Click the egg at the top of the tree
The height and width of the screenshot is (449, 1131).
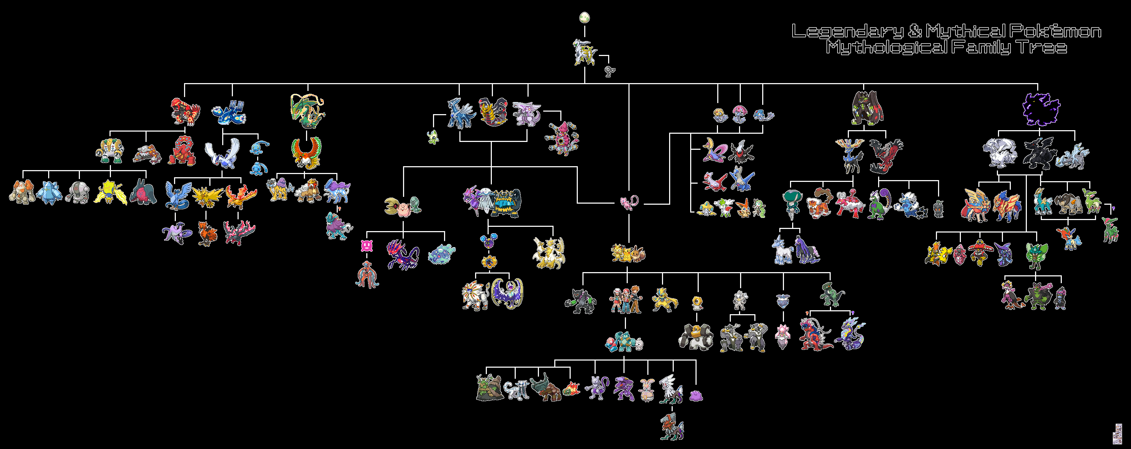point(584,18)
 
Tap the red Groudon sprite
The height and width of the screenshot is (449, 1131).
point(185,112)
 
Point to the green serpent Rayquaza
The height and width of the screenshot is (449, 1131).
point(307,111)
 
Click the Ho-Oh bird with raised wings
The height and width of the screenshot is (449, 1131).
point(306,152)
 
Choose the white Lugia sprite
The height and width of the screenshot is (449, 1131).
point(223,153)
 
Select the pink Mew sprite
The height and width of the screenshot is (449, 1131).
point(629,203)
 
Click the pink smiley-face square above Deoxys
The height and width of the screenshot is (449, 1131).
point(367,246)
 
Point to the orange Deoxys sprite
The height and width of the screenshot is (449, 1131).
point(367,274)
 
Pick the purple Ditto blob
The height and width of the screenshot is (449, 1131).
point(696,395)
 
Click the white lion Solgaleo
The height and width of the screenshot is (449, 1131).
point(476,295)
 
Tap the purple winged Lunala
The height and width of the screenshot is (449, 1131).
point(507,293)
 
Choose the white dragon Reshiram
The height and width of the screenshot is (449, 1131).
point(999,153)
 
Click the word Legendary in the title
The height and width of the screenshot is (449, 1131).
point(848,31)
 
